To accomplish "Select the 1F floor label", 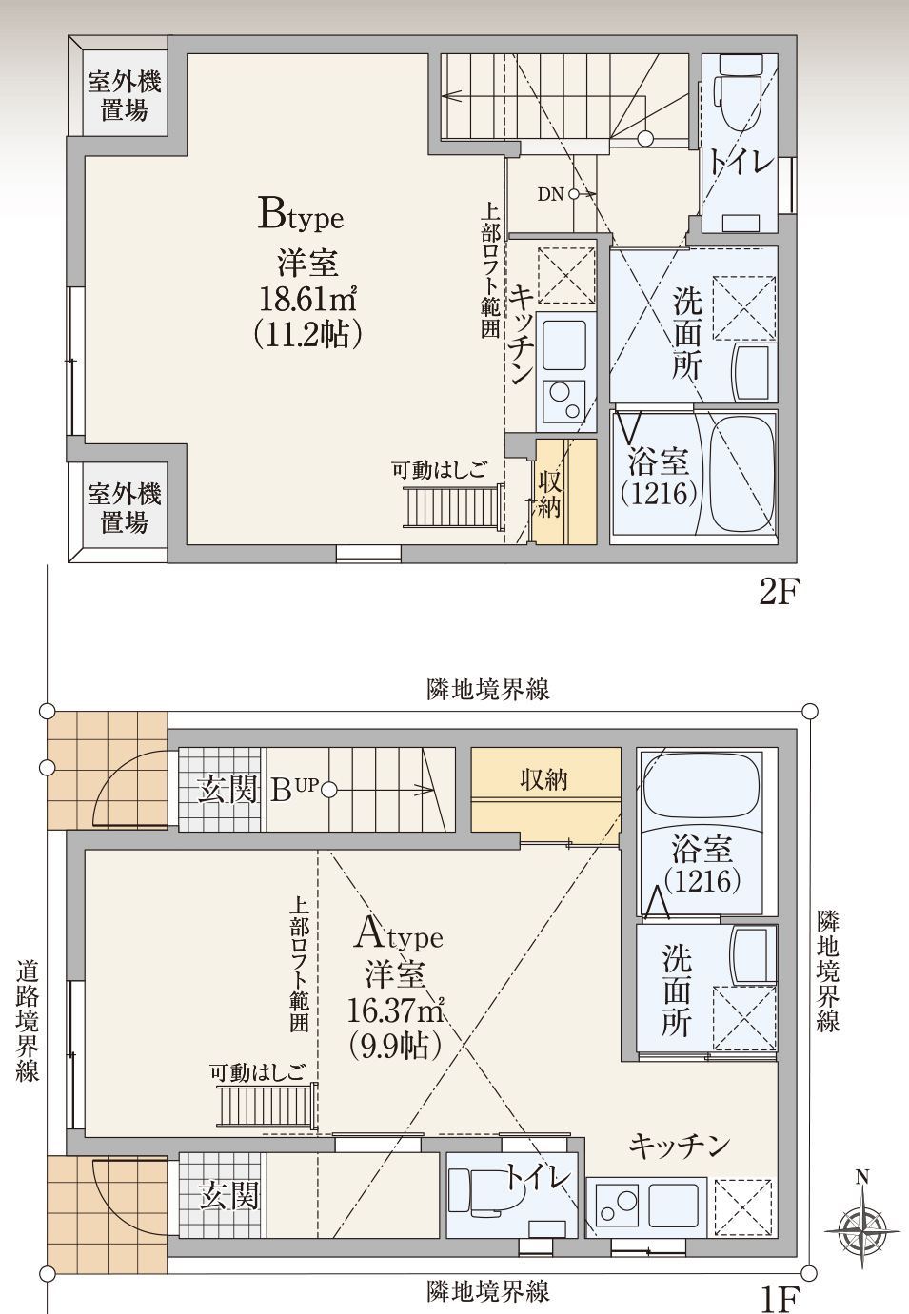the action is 780,1299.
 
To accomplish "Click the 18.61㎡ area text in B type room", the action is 308,299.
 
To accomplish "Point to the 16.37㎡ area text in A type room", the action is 396,1009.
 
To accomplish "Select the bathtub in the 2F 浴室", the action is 741,472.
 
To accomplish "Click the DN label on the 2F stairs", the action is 550,194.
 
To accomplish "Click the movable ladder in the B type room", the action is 453,505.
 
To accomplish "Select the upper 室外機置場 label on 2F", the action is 125,96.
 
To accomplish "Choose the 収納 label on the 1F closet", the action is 544,781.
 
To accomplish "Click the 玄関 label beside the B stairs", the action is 227,789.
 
